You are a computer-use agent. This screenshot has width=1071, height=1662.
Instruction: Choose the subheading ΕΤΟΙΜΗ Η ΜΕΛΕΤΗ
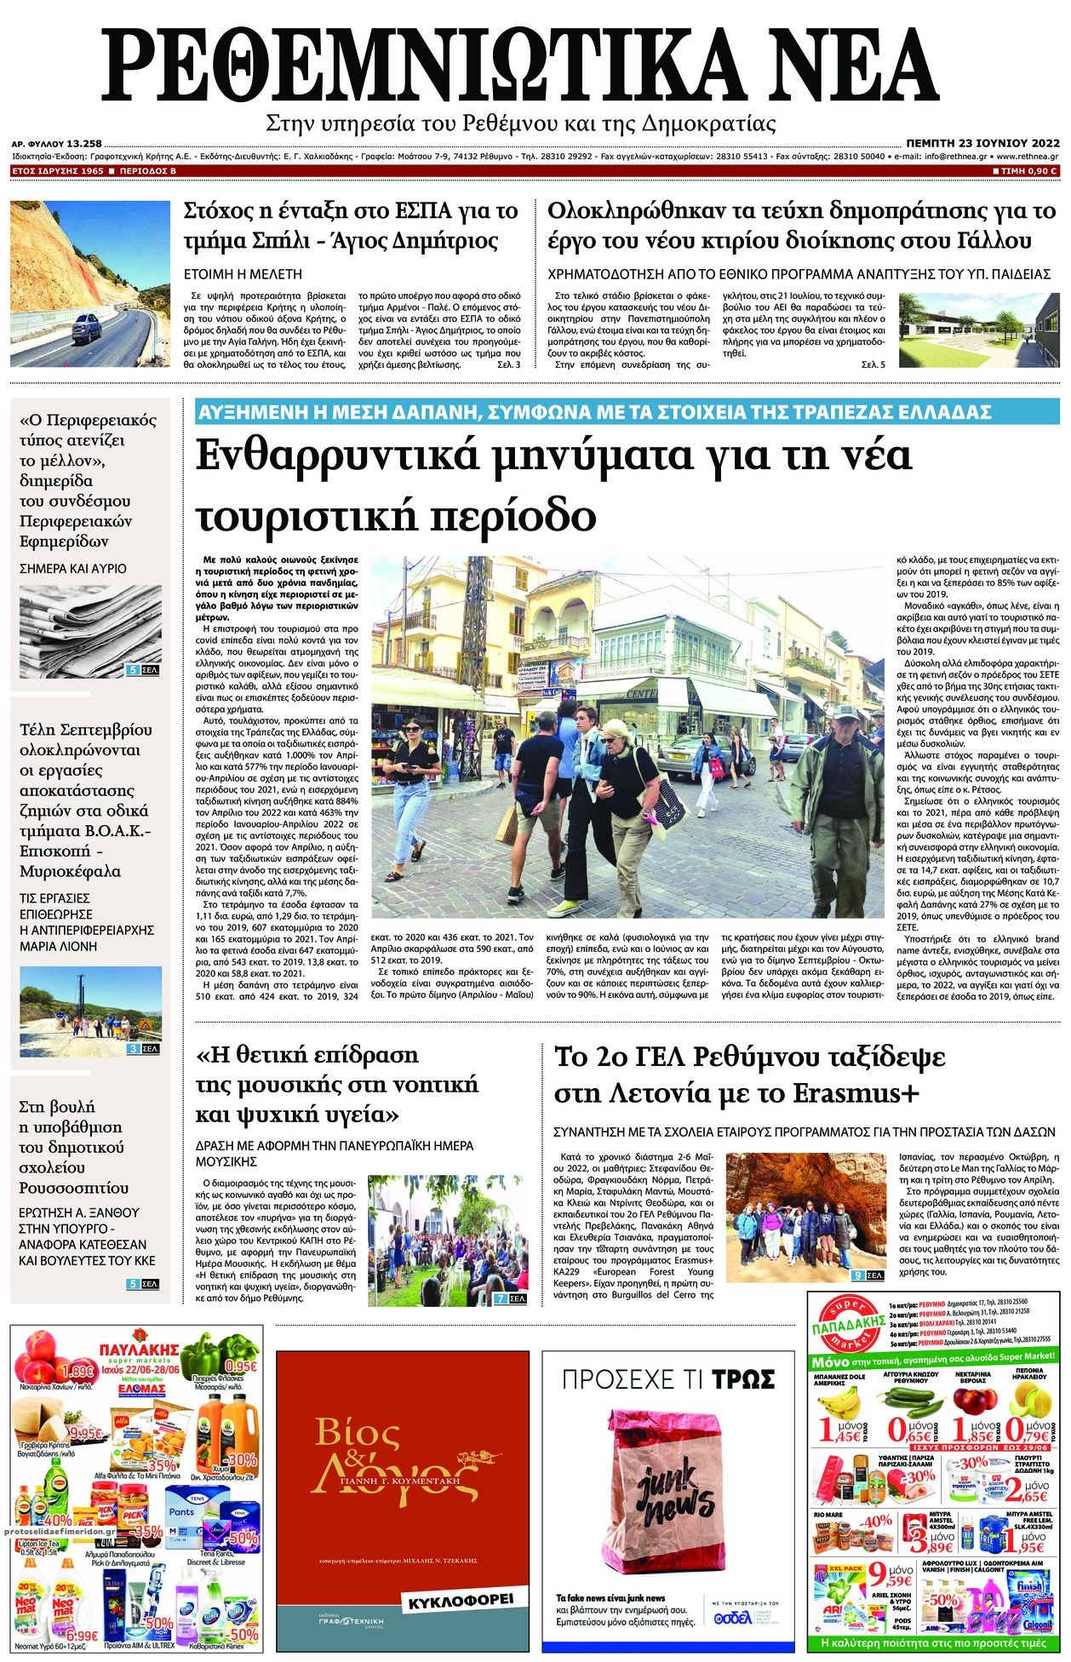click(x=244, y=274)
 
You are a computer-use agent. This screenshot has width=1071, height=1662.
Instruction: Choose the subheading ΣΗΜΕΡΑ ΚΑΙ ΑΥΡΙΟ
click(x=73, y=568)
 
